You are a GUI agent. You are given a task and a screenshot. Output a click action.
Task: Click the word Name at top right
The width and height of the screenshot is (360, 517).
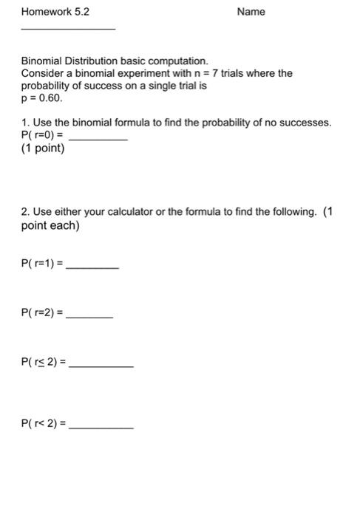point(251,12)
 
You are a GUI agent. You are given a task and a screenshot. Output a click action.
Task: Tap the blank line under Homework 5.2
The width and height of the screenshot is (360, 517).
point(69,28)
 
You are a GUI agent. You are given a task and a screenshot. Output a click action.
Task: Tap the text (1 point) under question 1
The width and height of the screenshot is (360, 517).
point(44,149)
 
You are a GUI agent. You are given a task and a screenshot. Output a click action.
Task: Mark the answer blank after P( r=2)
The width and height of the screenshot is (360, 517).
point(89,317)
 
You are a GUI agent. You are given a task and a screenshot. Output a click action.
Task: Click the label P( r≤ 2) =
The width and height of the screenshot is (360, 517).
point(44,363)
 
